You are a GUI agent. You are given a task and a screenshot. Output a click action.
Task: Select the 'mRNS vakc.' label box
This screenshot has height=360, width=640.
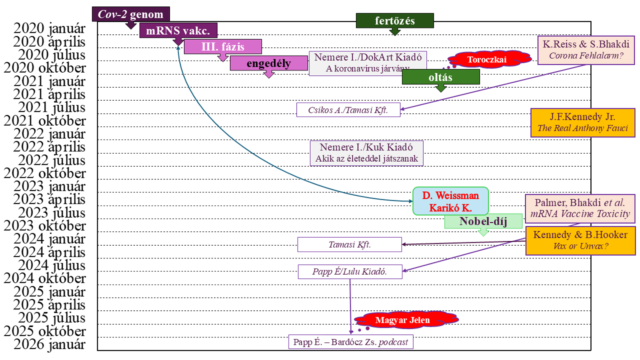[178, 31]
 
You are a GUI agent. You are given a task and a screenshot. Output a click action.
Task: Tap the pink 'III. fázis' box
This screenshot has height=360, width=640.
[223, 47]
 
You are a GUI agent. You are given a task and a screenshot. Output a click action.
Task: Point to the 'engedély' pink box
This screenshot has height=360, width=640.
[268, 63]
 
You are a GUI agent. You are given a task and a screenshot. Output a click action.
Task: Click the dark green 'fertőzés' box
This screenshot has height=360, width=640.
[395, 21]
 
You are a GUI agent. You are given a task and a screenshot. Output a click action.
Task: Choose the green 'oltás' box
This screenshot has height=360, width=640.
[440, 77]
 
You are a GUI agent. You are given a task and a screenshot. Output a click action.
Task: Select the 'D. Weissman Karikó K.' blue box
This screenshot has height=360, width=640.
[450, 201]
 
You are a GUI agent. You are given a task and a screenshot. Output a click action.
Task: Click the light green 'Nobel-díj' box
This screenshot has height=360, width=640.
[483, 221]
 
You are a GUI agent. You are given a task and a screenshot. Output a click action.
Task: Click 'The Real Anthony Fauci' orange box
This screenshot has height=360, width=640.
[582, 122]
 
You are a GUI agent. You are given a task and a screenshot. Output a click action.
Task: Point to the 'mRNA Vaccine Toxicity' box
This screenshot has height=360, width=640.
[580, 208]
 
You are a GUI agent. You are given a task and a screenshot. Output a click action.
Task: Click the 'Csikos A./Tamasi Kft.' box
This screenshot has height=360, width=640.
[348, 110]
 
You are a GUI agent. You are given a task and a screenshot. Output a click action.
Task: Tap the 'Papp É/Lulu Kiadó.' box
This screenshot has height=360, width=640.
[350, 271]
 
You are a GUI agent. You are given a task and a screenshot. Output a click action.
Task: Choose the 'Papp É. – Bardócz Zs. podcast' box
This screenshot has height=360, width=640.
[350, 342]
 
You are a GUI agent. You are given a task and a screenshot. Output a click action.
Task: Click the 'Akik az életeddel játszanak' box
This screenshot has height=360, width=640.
[367, 153]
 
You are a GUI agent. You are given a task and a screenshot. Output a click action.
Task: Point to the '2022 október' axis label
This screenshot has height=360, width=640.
[45, 173]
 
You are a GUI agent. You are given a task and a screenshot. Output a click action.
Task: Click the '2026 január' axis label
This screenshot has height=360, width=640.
[50, 344]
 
